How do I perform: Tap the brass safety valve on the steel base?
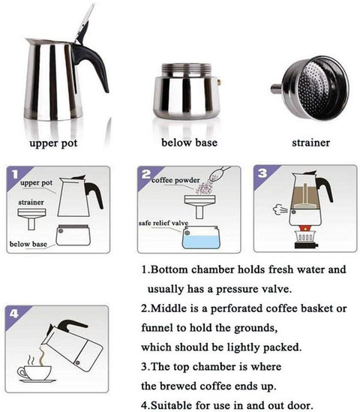tap(219, 83)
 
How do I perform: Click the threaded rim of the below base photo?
tap(187, 70)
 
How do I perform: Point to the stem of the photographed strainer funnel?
tap(276, 89)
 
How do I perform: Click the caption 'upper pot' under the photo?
tap(53, 143)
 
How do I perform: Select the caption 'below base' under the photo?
tap(189, 143)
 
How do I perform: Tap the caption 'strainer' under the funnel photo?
tap(311, 143)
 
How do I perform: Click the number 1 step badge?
tap(16, 173)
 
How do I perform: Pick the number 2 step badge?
tap(146, 174)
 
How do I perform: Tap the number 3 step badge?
tap(262, 173)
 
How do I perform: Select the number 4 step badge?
tap(14, 314)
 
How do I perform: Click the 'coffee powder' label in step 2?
tap(175, 180)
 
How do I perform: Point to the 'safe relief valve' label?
tap(163, 223)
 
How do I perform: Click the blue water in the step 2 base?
tap(201, 241)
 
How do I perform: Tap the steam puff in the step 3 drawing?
tap(280, 210)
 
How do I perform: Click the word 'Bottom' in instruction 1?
tap(169, 270)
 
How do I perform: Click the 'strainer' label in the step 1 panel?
tap(31, 203)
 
